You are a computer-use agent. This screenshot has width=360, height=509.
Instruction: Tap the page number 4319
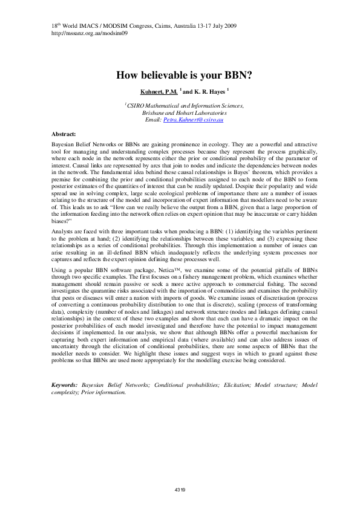click(x=180, y=489)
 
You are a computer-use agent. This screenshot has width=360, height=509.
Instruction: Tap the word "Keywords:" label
click(x=64, y=384)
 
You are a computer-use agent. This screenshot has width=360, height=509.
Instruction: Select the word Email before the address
click(x=154, y=120)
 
